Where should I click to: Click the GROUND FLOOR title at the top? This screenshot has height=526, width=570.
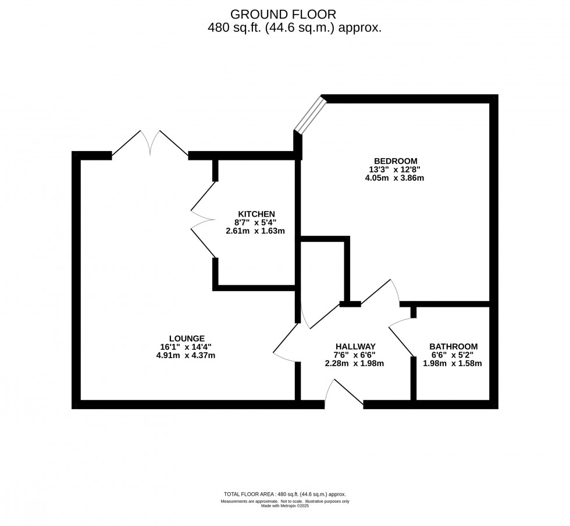[x=283, y=13]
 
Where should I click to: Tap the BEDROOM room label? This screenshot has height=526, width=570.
[x=396, y=161]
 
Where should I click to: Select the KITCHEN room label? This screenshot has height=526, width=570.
[x=256, y=213]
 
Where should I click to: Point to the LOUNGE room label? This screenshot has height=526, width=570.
[x=187, y=338]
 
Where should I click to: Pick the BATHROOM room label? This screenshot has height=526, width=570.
[x=454, y=346]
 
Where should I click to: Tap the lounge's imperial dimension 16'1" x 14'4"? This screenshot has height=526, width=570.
[x=187, y=347]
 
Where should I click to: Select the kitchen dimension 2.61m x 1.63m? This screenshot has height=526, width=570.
[x=256, y=231]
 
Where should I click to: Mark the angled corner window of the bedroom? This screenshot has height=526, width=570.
[x=310, y=115]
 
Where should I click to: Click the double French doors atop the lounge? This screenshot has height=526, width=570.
[x=150, y=144]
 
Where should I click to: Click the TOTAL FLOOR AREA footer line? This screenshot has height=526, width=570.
[x=284, y=493]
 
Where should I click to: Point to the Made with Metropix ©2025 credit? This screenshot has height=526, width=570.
[x=284, y=506]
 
